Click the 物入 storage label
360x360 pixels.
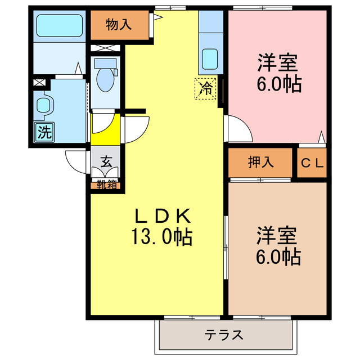[x=119, y=25]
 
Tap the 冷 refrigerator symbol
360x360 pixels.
[x=206, y=88]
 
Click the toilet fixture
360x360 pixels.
[x=105, y=75]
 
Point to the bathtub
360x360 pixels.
[x=59, y=25]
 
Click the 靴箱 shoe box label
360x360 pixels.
[x=105, y=184]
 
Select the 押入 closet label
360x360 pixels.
[x=260, y=163]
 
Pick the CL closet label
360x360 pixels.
[x=312, y=163]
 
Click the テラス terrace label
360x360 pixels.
[x=224, y=336]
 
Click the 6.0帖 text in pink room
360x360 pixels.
[x=278, y=84]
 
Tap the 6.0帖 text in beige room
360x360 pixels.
[x=278, y=258]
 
